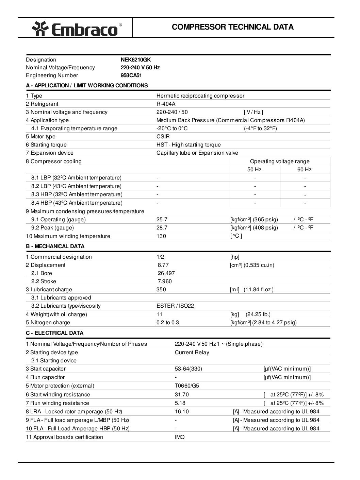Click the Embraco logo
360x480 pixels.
point(77,29)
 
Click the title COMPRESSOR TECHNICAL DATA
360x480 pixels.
point(233,27)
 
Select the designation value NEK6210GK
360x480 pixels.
point(135,59)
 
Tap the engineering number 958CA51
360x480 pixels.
point(131,75)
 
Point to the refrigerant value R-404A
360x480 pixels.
point(166,104)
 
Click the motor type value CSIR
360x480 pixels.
point(163,137)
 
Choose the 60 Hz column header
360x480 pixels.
point(305,170)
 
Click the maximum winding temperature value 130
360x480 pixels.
point(161,236)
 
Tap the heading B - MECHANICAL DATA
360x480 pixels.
point(55,246)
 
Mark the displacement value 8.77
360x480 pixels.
point(163,265)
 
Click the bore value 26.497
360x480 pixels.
point(166,273)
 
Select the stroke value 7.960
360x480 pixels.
point(165,281)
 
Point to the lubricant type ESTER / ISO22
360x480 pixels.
point(175,306)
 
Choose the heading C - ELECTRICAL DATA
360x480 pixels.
point(54,333)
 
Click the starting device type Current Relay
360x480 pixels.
point(192,353)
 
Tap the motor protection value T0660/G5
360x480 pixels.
point(187,386)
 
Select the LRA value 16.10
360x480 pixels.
point(182,412)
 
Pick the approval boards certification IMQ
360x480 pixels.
point(180,437)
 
